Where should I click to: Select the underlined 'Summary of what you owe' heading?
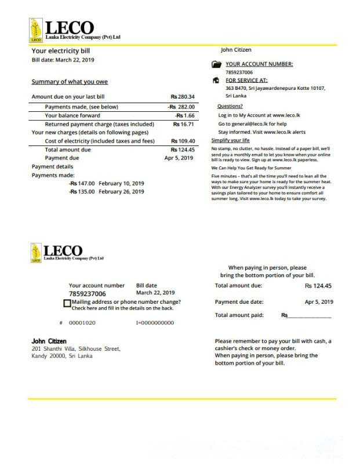point(70,82)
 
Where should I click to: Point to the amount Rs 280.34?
point(183,96)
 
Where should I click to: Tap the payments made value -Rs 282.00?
point(181,107)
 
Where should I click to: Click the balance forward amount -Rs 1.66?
point(185,115)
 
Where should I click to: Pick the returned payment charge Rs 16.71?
point(183,124)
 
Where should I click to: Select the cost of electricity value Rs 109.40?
point(183,141)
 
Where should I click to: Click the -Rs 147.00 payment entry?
point(82,183)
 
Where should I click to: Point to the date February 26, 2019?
point(122,192)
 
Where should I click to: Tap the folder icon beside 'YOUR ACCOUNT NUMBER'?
point(216,65)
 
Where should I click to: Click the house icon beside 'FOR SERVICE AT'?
point(216,81)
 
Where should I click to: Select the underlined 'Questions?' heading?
point(230,107)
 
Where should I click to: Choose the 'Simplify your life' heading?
point(231,141)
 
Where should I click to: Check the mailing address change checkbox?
point(67,303)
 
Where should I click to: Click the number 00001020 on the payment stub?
point(82,322)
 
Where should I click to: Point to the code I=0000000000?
point(155,322)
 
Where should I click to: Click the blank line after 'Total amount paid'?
point(310,316)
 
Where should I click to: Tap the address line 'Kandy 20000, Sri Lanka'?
point(61,356)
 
